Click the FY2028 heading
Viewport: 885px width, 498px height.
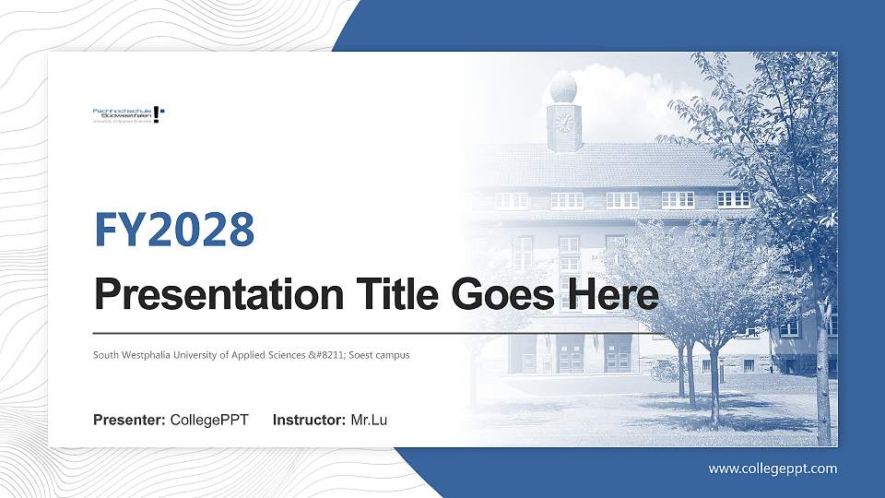(x=174, y=230)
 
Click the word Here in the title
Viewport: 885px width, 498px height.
(x=613, y=295)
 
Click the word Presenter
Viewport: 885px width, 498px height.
(x=129, y=421)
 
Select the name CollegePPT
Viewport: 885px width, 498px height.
(x=209, y=421)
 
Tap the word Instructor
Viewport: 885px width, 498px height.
(x=310, y=421)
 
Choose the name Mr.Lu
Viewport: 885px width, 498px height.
(x=369, y=421)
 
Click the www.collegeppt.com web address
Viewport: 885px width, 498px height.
(x=773, y=468)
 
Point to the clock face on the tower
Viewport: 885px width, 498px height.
(x=564, y=122)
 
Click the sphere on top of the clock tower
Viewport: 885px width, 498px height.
(x=563, y=89)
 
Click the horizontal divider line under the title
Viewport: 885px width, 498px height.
(x=369, y=332)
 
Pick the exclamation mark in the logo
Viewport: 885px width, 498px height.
(x=159, y=114)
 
